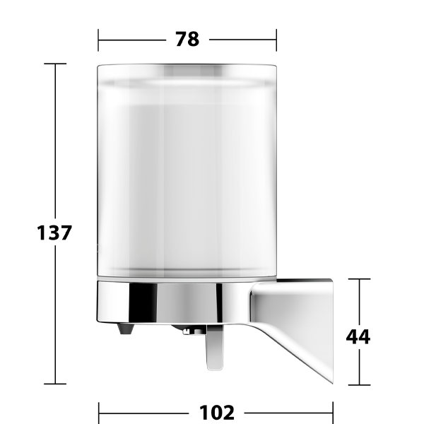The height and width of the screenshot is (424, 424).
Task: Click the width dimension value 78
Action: click(x=187, y=40)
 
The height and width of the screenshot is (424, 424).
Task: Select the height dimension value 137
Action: click(x=54, y=232)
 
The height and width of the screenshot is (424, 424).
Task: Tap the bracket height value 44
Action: click(x=358, y=336)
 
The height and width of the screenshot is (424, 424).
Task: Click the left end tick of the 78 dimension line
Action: click(x=98, y=40)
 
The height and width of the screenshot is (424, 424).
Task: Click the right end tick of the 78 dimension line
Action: click(x=276, y=40)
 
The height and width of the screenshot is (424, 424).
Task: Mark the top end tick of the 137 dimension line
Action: click(x=55, y=64)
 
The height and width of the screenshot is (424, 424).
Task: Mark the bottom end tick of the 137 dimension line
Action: click(x=55, y=384)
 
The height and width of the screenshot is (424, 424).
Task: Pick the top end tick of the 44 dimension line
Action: click(x=359, y=279)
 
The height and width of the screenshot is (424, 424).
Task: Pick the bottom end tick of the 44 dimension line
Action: click(x=359, y=385)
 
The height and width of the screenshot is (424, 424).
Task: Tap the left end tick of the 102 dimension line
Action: click(x=98, y=411)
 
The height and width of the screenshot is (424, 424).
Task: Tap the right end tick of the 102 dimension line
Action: click(x=332, y=411)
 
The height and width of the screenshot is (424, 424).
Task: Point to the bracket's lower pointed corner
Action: click(x=329, y=382)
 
